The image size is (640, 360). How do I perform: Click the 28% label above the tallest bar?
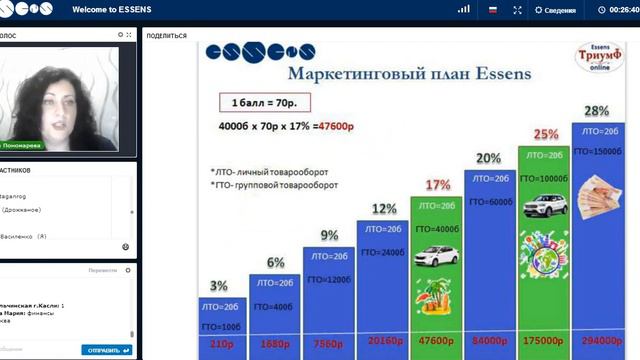(597, 111)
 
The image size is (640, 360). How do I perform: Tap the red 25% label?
(545, 134)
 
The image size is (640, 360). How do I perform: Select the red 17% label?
(437, 185)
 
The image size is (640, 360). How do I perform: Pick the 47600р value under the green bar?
(436, 341)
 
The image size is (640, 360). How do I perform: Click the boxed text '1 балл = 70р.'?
(264, 103)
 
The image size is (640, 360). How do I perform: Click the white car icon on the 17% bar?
(436, 250)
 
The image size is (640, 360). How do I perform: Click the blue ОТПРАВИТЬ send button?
(106, 350)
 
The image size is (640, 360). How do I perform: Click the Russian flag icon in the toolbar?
(492, 10)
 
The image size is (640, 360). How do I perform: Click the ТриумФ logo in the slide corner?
(602, 57)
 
